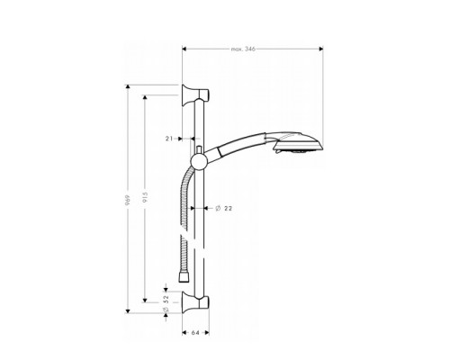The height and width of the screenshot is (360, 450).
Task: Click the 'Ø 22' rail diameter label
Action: coord(225,210)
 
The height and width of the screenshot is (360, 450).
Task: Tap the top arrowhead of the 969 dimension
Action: coord(128,86)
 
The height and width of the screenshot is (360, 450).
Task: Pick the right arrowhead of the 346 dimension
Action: coord(319,50)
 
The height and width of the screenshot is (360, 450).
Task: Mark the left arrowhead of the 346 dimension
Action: coord(184,50)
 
